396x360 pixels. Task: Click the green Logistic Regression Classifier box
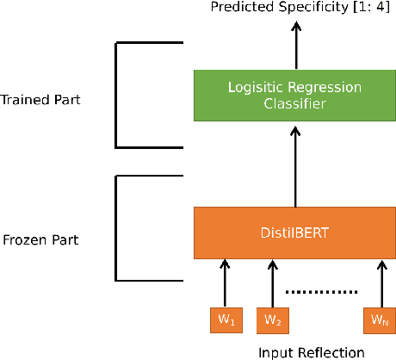click(x=295, y=95)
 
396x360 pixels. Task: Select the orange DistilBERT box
click(x=295, y=231)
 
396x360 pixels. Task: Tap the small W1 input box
click(x=223, y=320)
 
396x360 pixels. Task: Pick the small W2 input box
click(x=272, y=320)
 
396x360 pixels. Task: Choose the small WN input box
click(x=380, y=320)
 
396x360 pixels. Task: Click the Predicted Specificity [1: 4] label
click(x=295, y=8)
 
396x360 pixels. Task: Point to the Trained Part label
click(x=41, y=99)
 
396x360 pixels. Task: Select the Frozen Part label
click(x=40, y=239)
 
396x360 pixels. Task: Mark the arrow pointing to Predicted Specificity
click(x=295, y=45)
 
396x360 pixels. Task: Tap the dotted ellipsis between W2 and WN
click(x=321, y=292)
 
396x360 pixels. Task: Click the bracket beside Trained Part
click(x=118, y=95)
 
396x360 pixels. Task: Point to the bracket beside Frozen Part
click(x=118, y=228)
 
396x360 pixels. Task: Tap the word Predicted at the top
click(x=238, y=8)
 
